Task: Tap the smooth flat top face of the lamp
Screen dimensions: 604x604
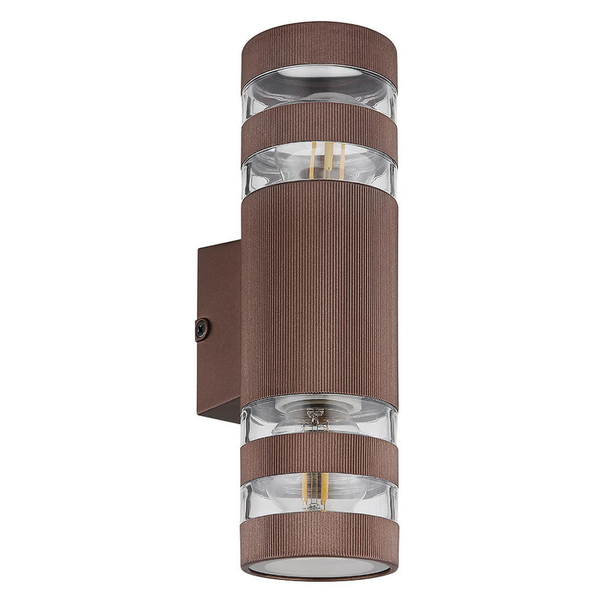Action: click(319, 26)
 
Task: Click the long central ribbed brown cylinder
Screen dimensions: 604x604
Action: click(319, 292)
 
